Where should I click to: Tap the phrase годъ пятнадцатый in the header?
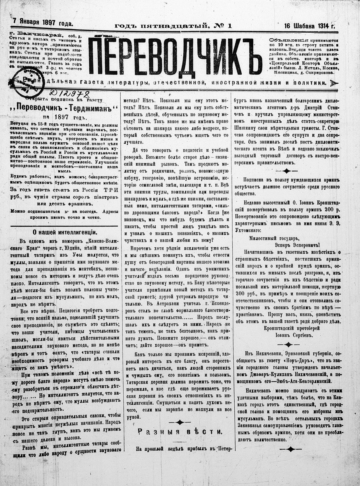[x=161, y=26]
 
